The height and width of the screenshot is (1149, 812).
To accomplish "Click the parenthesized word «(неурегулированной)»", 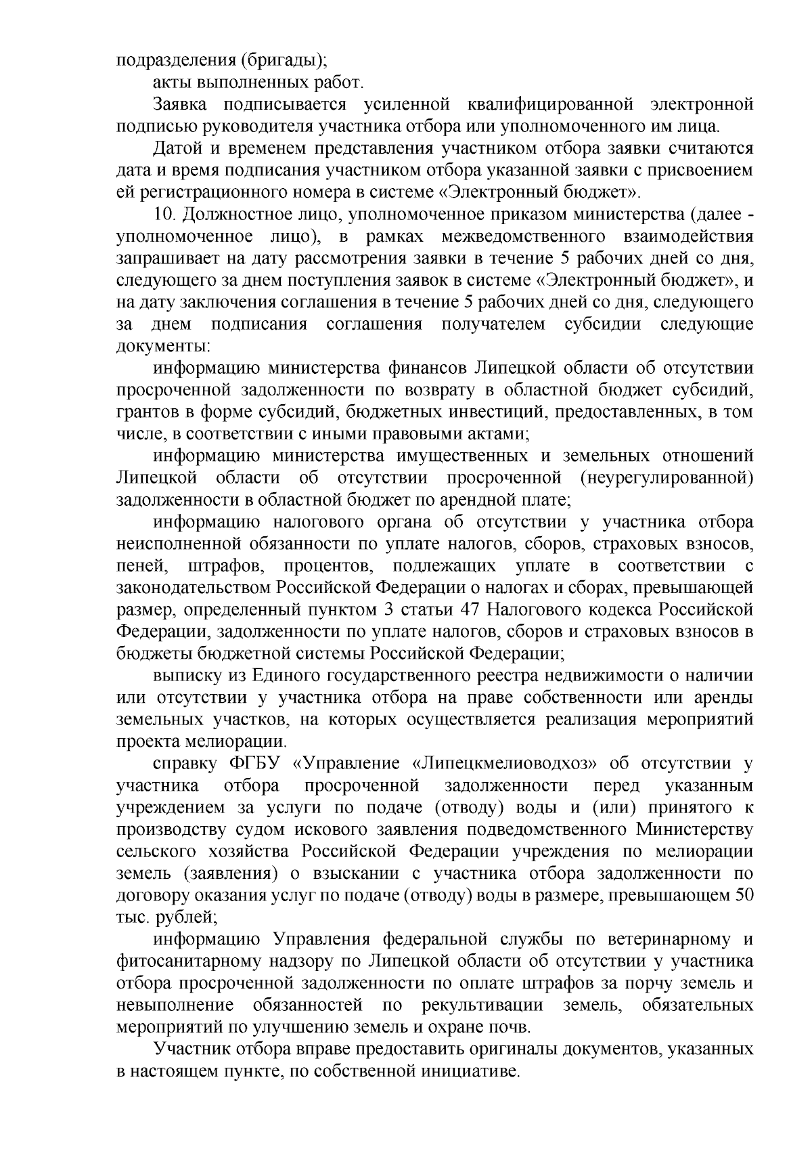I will click(667, 478).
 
